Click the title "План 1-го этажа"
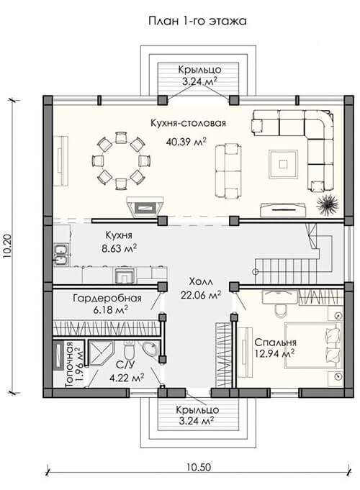[x=197, y=21]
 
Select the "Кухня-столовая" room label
[x=188, y=123]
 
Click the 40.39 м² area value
[x=186, y=142]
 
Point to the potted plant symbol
[x=327, y=204]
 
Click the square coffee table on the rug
[x=284, y=164]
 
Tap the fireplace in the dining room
[x=145, y=207]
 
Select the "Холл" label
[x=201, y=281]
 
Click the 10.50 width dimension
[x=199, y=467]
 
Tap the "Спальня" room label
[x=275, y=342]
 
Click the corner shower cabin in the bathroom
[x=101, y=353]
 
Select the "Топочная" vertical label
[x=69, y=365]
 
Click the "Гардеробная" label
[x=107, y=298]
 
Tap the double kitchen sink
[x=62, y=254]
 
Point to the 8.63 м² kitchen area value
[x=119, y=248]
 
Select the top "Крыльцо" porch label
[x=200, y=69]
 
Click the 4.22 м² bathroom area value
[x=127, y=378]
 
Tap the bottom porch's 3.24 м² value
[x=197, y=421]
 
